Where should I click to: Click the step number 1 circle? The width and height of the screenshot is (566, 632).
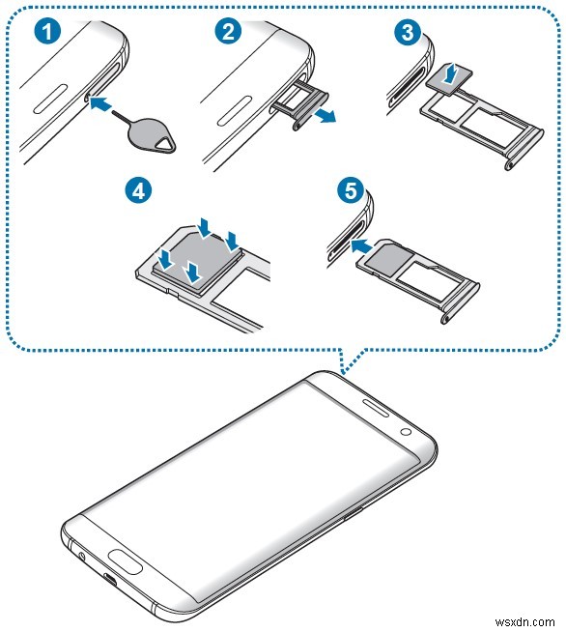coord(44,31)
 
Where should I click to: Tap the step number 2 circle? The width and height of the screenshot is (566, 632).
coord(228,31)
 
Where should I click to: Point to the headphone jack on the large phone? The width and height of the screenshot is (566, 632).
coord(81,557)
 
